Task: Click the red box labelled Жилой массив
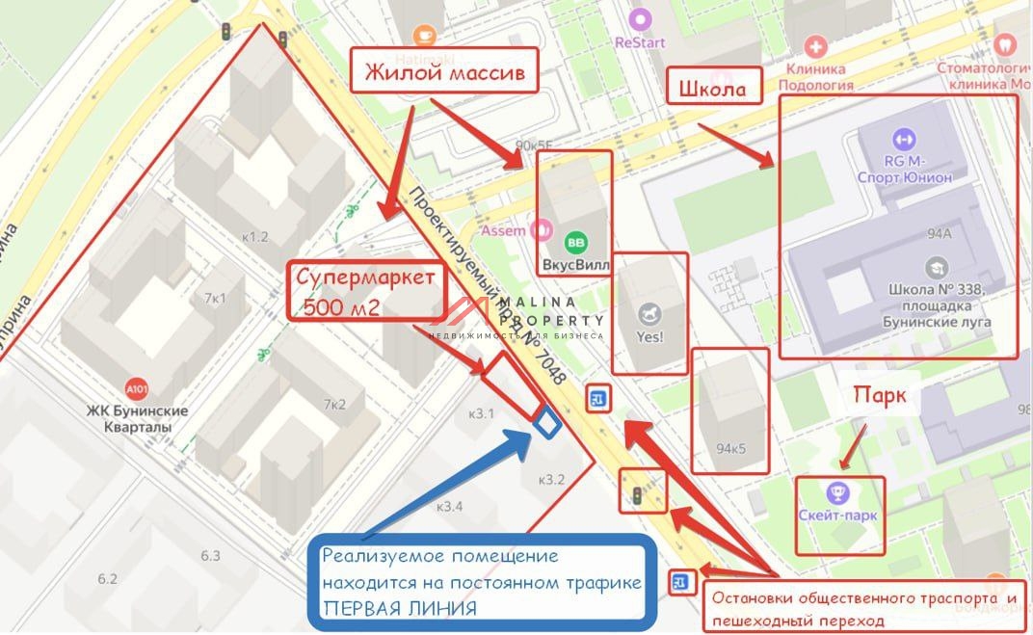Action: point(443,71)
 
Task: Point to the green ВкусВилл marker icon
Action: point(575,243)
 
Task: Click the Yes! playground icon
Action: point(649,314)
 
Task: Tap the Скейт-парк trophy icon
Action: point(837,493)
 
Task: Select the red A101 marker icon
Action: point(138,389)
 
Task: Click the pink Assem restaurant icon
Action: point(542,230)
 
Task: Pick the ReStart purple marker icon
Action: point(640,18)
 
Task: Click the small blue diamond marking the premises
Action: point(546,423)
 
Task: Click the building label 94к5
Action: point(732,447)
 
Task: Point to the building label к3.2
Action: point(551,479)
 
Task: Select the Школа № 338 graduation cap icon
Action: point(936,267)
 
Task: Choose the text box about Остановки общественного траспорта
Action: point(863,608)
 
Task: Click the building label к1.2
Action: point(255,236)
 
